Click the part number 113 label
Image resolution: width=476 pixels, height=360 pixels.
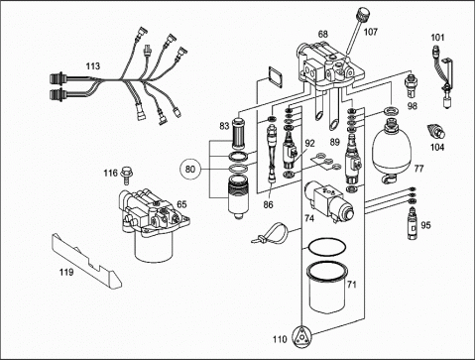[x=93, y=66]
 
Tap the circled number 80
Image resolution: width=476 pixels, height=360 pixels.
[x=190, y=170]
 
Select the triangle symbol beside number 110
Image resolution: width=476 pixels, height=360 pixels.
[x=301, y=337]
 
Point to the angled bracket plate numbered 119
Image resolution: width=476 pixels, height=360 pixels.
[x=86, y=261]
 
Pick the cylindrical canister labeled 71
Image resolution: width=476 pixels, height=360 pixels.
[x=327, y=288]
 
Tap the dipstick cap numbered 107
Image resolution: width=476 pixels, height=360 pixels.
[x=362, y=15]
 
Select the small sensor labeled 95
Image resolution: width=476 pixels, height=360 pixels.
[x=412, y=223]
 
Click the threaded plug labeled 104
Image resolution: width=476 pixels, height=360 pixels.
[x=436, y=131]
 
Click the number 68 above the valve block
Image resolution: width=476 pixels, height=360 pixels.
[x=323, y=34]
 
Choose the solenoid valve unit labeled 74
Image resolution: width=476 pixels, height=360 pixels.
[x=329, y=200]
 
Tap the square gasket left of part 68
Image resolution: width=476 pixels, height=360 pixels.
[x=276, y=77]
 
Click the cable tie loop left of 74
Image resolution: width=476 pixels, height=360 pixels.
[x=271, y=232]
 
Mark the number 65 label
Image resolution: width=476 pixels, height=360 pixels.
[x=181, y=204]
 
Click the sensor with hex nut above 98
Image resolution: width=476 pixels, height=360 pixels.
[x=411, y=86]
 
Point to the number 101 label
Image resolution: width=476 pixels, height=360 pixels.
[x=437, y=38]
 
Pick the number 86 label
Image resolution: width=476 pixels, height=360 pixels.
[x=269, y=205]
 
